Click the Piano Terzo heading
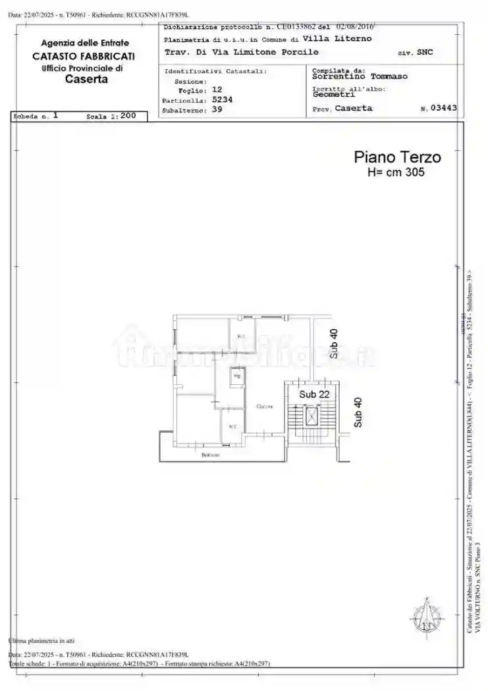[397, 157]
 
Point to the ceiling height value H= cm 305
[396, 172]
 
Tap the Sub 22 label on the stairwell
[314, 394]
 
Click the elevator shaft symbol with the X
[310, 416]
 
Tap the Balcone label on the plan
[211, 455]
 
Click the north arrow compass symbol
[426, 618]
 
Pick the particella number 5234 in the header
[222, 100]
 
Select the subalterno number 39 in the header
[217, 111]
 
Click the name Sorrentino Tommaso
[360, 76]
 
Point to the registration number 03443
[443, 109]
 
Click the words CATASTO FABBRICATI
[83, 57]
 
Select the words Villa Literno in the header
[341, 39]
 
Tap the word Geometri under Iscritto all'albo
[333, 95]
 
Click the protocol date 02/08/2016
[354, 28]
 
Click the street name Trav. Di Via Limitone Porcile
[241, 52]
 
